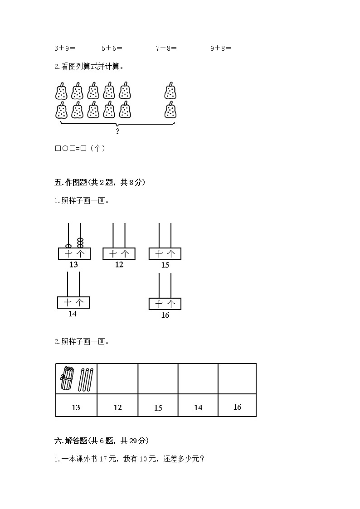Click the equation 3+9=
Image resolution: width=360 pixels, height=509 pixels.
[64, 48]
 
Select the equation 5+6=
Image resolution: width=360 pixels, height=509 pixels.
[112, 48]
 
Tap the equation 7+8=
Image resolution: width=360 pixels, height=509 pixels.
[166, 48]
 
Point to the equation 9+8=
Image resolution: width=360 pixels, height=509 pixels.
[221, 48]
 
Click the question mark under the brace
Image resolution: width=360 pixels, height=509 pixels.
[117, 131]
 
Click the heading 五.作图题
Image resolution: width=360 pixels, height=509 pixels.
[99, 182]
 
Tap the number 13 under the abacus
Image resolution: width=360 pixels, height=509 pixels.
[73, 265]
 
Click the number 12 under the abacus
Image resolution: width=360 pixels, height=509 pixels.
[119, 265]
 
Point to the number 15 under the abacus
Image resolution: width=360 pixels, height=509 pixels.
[165, 265]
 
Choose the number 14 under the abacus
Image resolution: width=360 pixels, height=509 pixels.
[73, 314]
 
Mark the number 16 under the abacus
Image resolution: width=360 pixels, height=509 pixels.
[165, 315]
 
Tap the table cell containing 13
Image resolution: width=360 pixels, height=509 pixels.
[76, 407]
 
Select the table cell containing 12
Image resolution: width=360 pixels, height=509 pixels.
[117, 407]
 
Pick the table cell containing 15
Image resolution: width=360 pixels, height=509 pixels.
[158, 407]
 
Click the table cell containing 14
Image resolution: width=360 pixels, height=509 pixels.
[198, 407]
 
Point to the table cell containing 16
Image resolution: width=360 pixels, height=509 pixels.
[237, 407]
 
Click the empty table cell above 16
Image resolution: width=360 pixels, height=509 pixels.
[237, 378]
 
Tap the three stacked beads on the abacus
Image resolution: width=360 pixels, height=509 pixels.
[80, 242]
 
